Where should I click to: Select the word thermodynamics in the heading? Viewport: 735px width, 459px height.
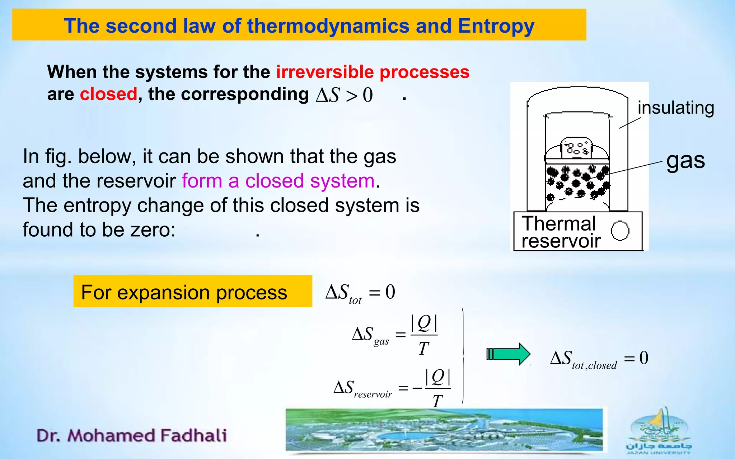pos(328,26)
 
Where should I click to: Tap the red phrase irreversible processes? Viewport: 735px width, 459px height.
pos(373,72)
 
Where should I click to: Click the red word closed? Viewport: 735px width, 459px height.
pos(108,94)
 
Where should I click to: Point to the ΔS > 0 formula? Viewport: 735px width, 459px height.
pos(344,95)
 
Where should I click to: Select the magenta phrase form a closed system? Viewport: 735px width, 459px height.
pos(278,181)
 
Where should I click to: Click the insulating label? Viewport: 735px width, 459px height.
pos(676,108)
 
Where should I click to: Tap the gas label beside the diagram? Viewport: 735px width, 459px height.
pos(685,160)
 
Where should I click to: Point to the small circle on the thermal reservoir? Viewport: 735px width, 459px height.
pos(620,230)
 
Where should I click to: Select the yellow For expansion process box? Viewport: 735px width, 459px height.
pos(193,291)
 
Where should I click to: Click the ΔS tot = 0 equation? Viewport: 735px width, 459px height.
pos(360,293)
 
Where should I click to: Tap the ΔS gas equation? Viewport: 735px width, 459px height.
pos(395,335)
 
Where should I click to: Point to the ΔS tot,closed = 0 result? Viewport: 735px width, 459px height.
pos(599,359)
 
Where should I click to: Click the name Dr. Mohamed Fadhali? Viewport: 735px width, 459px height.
pos(132,435)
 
